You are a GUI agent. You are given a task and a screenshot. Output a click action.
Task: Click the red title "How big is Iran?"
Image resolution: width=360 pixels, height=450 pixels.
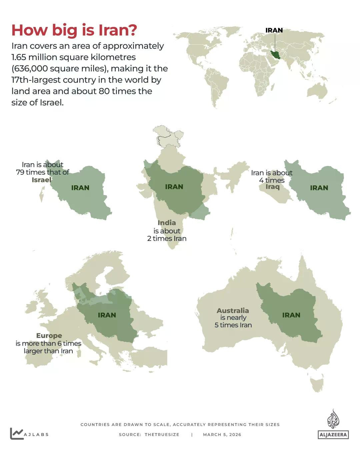tap(74, 30)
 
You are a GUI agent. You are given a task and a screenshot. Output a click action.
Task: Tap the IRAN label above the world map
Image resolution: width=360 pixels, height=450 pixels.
tap(274, 30)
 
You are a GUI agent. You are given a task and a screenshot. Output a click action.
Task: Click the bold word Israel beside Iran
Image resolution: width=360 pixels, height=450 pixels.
tap(42, 180)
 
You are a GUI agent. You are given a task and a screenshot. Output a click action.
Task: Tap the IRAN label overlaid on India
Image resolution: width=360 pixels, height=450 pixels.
tap(174, 187)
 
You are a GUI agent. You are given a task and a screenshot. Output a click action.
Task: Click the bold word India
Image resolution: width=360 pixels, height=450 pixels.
tap(167, 223)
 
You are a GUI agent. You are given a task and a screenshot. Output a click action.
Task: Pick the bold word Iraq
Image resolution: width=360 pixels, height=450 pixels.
tap(272, 187)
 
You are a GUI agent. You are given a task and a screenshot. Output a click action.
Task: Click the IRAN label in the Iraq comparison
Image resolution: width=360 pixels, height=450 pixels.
tap(319, 188)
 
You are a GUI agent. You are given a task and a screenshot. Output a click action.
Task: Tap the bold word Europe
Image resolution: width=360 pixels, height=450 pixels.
tap(49, 336)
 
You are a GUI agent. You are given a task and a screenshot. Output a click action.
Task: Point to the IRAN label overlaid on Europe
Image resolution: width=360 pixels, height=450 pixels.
tap(107, 315)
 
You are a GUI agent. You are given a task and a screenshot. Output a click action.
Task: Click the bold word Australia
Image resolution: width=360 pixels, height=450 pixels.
tap(233, 310)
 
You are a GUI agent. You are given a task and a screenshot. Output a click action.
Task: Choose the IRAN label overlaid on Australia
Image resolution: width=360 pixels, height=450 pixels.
tap(291, 315)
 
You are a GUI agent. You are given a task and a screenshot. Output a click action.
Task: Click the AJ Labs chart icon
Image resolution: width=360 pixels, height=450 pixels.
tap(16, 433)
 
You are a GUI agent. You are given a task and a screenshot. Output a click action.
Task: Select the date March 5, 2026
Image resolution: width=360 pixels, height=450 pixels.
tap(222, 435)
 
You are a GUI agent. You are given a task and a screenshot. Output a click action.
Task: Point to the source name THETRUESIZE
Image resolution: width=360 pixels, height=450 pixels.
tap(162, 435)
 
